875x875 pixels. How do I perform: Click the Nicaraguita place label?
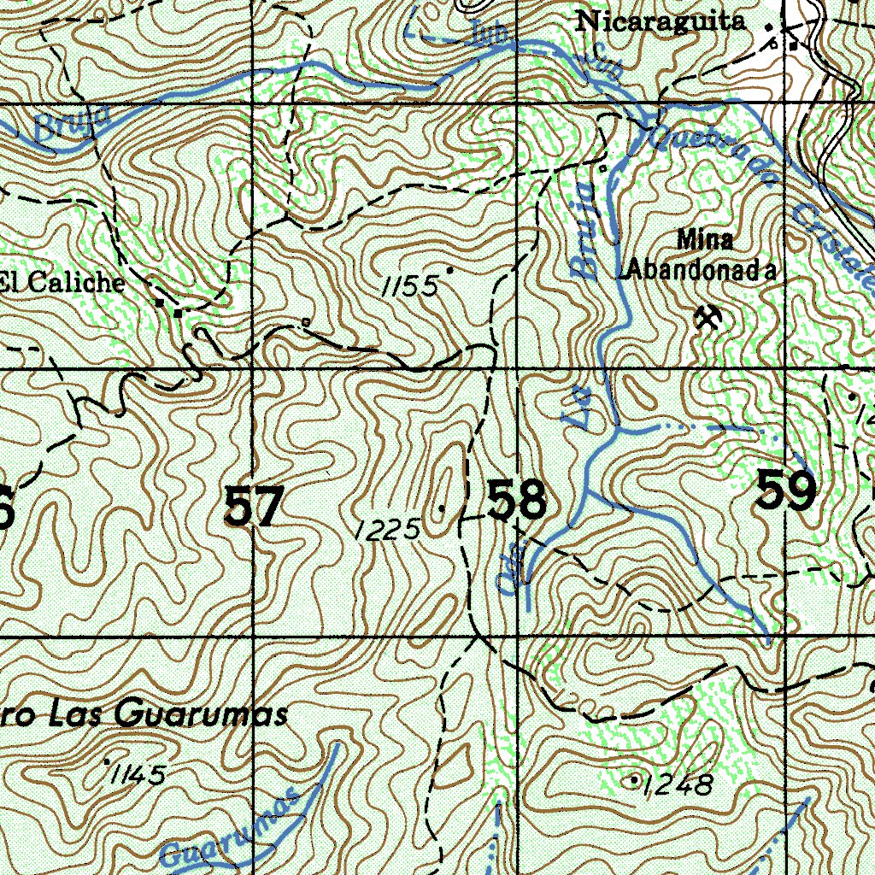coord(660,21)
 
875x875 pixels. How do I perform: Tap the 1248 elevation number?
coord(679,784)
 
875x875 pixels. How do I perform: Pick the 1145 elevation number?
coord(138,774)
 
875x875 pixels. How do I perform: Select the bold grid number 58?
coord(517,501)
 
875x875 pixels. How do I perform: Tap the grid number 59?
coord(785,491)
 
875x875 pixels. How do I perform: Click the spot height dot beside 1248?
coord(634,780)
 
